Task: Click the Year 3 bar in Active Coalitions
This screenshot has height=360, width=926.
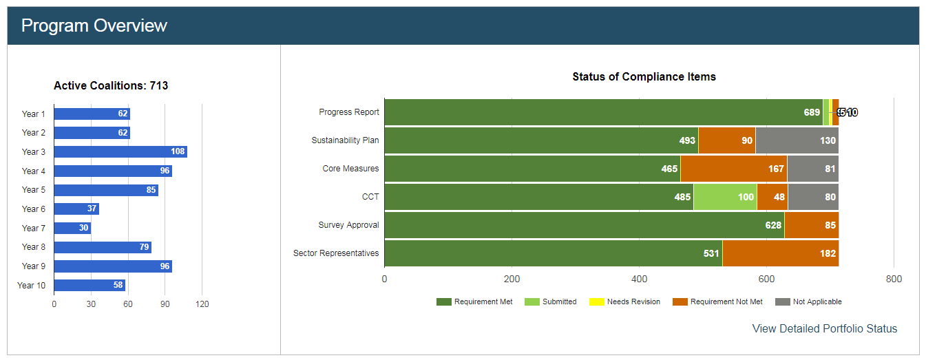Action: tap(120, 151)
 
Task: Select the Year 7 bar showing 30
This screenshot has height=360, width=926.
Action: tap(72, 228)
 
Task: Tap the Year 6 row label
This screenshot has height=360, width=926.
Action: tap(33, 209)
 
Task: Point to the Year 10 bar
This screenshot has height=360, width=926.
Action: tap(90, 285)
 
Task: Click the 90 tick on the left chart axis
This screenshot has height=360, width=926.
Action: tap(165, 304)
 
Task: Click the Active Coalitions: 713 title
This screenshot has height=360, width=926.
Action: tap(111, 86)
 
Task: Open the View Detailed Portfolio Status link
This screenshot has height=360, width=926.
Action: tap(824, 329)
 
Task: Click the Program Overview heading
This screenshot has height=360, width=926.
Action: tap(94, 26)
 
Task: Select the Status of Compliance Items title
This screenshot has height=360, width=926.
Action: tap(644, 77)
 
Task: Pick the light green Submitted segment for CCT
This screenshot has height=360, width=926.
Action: tap(725, 197)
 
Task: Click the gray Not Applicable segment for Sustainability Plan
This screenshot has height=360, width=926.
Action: tap(797, 140)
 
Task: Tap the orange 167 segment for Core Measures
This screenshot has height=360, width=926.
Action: tap(733, 169)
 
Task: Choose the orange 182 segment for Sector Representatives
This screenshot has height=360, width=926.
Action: tap(780, 253)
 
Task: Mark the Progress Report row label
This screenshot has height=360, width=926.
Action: tap(348, 112)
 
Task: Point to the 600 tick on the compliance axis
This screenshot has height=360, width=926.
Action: tap(766, 279)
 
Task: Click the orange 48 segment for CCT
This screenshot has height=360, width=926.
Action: tap(772, 197)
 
